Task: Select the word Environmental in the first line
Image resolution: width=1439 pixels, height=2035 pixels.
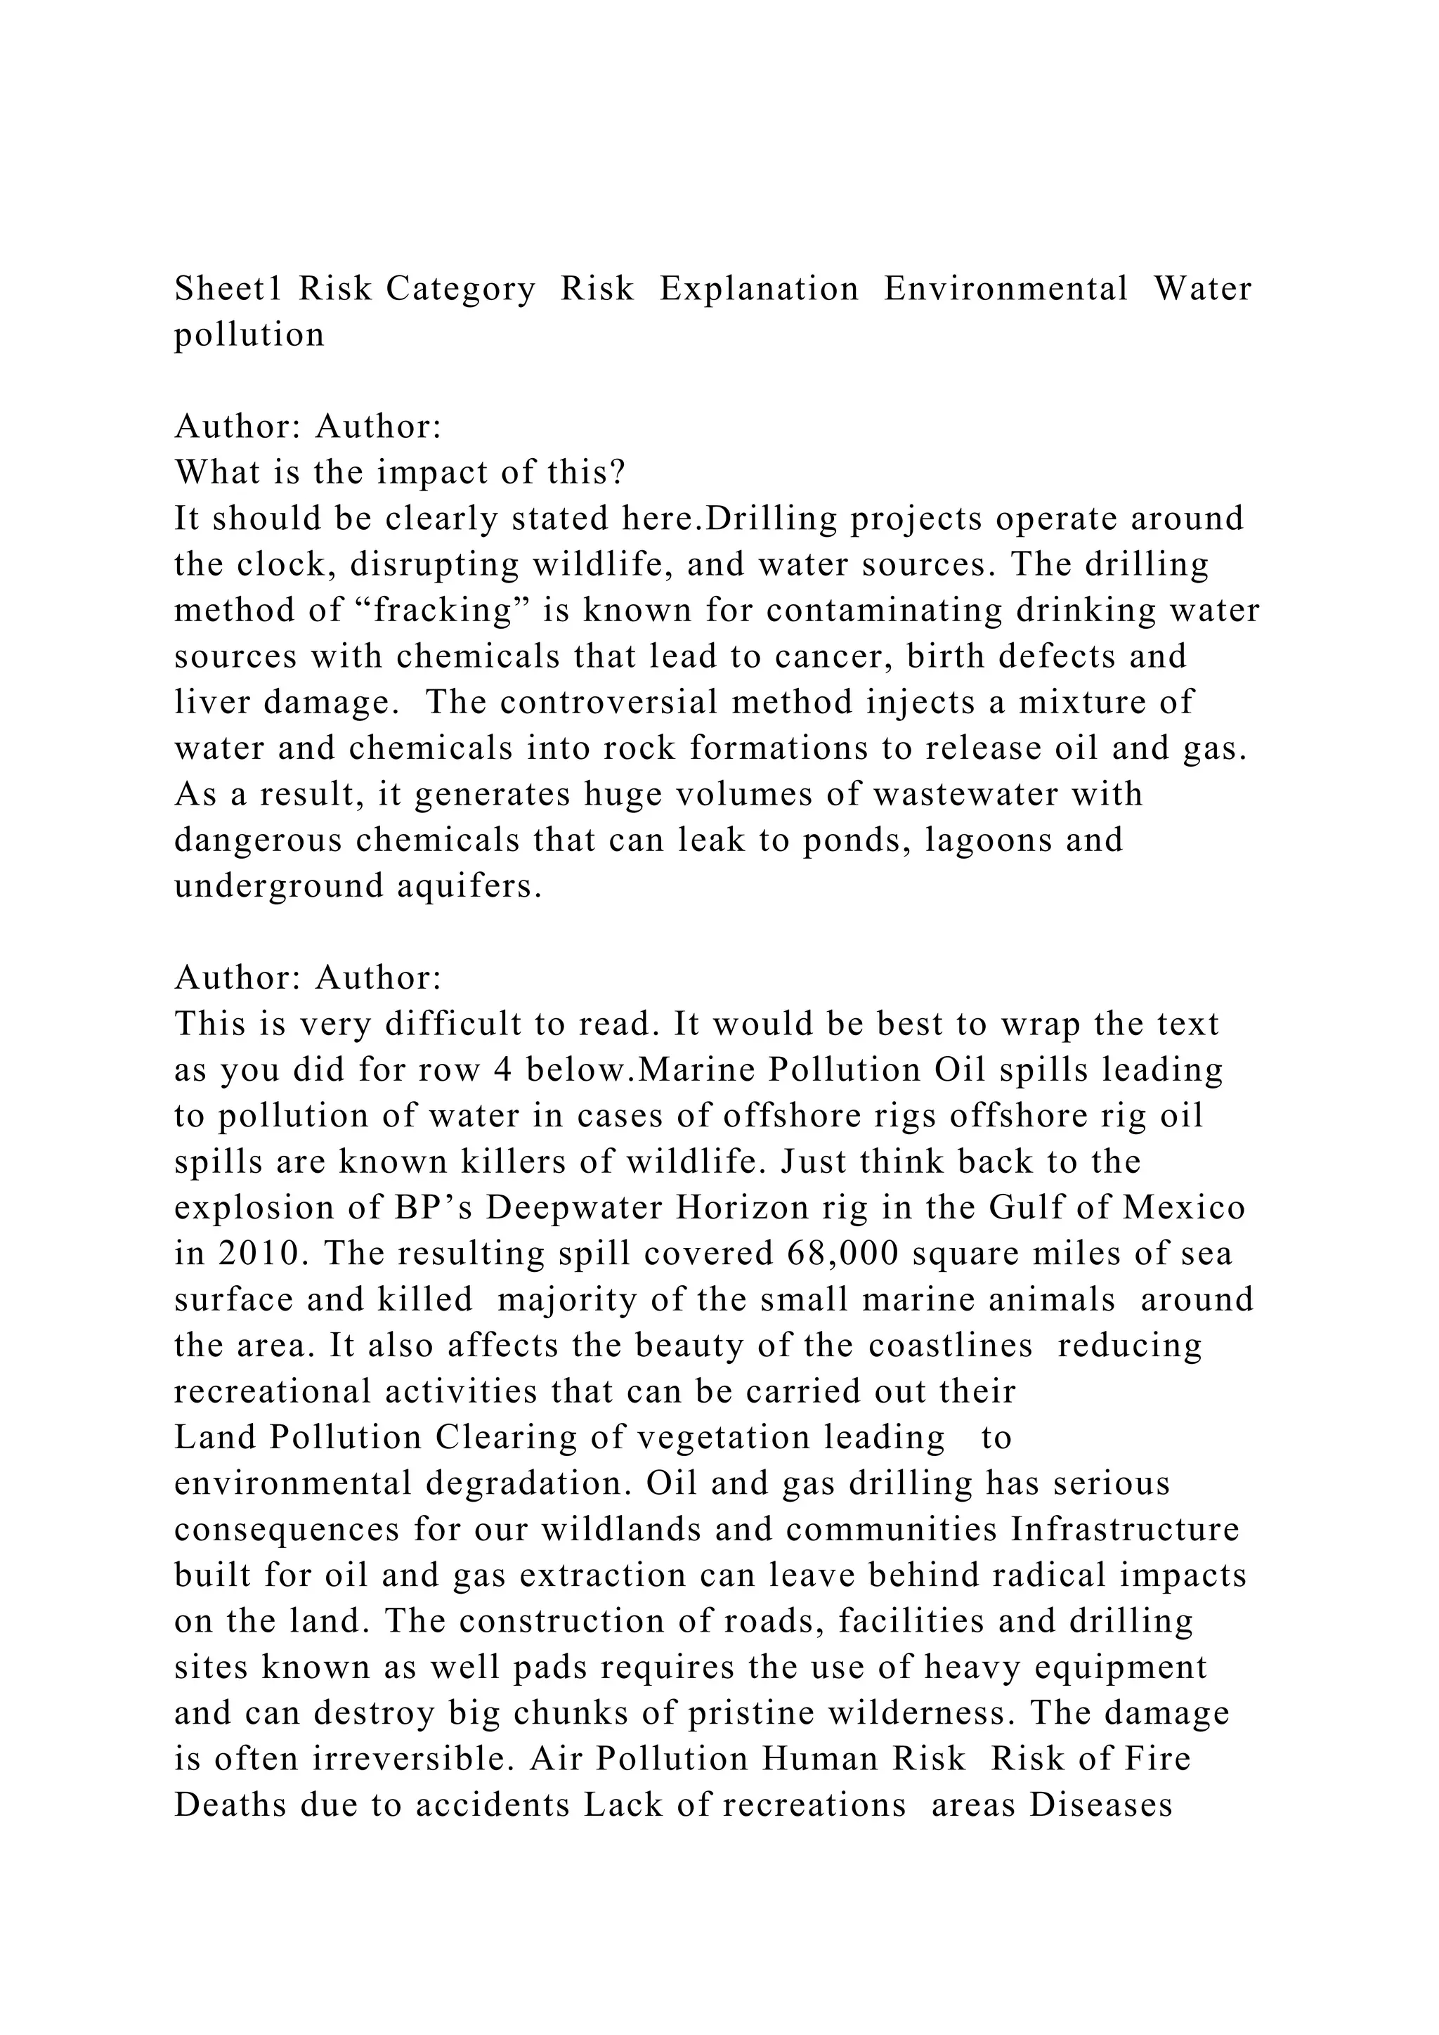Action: click(x=1005, y=289)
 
